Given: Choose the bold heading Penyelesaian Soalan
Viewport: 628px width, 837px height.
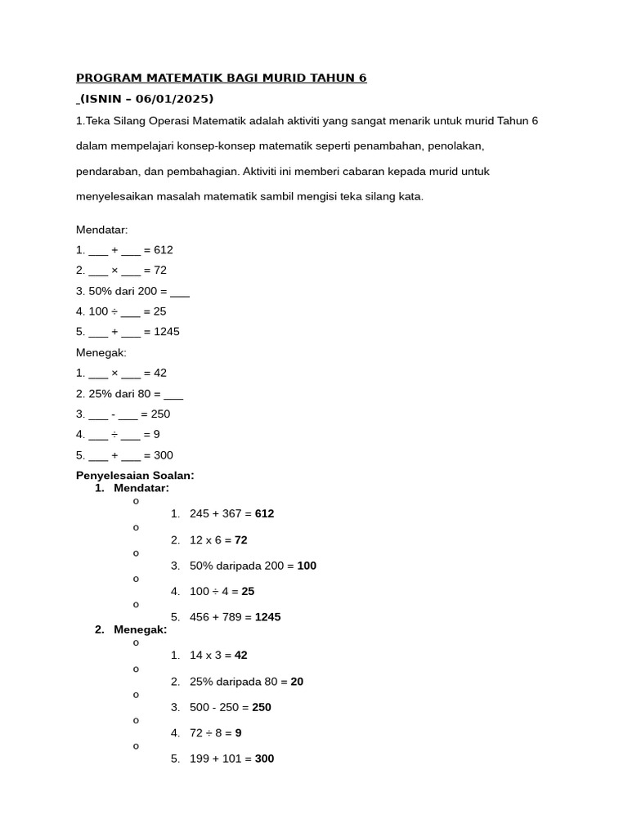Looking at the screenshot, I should pyautogui.click(x=135, y=475).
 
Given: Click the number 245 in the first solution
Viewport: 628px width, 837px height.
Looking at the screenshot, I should pyautogui.click(x=200, y=513).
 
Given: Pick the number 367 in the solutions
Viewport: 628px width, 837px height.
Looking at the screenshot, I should pyautogui.click(x=232, y=513).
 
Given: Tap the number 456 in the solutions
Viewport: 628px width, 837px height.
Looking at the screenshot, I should pyautogui.click(x=200, y=617).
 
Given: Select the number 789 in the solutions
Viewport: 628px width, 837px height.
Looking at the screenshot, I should pyautogui.click(x=232, y=617).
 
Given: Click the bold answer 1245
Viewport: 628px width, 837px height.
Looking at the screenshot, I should pyautogui.click(x=267, y=617).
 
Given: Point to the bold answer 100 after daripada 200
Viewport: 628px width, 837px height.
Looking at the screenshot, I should pyautogui.click(x=307, y=566).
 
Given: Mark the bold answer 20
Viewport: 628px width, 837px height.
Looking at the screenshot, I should pyautogui.click(x=297, y=682).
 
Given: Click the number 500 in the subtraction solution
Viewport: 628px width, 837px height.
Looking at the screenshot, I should pyautogui.click(x=200, y=707).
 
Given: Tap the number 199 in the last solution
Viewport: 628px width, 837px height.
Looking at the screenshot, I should pyautogui.click(x=200, y=759).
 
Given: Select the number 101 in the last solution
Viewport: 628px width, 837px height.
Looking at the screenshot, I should pyautogui.click(x=232, y=759).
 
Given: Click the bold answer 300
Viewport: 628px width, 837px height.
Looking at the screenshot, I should pyautogui.click(x=264, y=759).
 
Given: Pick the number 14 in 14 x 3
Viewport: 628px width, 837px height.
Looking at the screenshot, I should pyautogui.click(x=196, y=655).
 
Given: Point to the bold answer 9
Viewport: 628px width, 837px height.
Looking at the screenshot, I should pyautogui.click(x=238, y=733).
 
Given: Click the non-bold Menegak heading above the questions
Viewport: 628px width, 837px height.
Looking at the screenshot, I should pyautogui.click(x=101, y=352).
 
